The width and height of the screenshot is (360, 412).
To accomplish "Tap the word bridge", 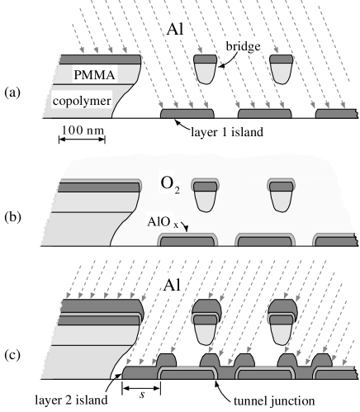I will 244,48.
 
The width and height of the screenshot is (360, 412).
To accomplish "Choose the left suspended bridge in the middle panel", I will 204,194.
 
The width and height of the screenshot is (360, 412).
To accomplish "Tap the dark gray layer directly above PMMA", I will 99,59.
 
